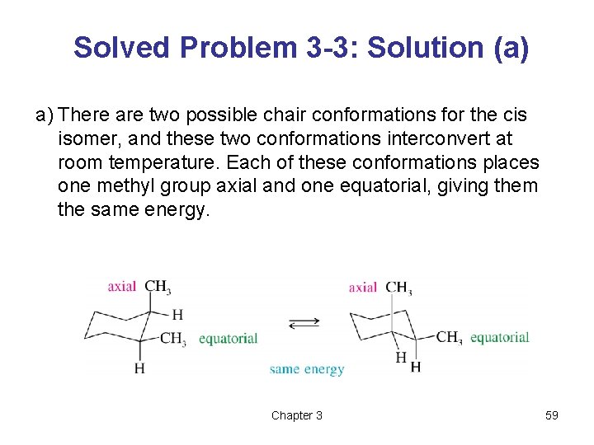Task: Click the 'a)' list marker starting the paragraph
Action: point(45,115)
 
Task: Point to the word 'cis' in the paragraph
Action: point(513,115)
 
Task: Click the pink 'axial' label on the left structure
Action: point(122,287)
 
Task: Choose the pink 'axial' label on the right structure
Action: point(363,288)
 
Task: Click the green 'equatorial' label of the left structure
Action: point(229,339)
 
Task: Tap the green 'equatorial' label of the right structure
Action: point(499,337)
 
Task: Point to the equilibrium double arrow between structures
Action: point(304,322)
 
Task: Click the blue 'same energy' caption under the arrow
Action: point(307,369)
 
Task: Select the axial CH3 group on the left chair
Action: point(158,287)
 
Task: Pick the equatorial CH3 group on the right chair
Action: point(449,336)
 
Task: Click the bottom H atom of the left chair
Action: point(139,368)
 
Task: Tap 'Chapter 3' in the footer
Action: point(297,415)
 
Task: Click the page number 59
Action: point(552,415)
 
